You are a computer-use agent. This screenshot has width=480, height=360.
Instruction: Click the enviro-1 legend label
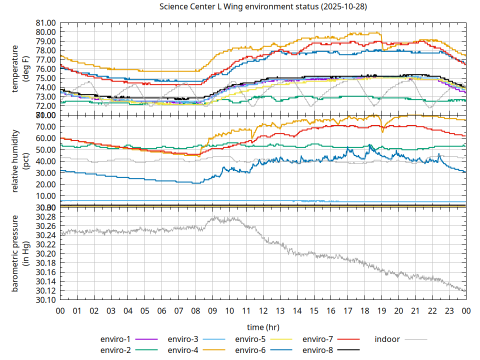pyautogui.click(x=115, y=339)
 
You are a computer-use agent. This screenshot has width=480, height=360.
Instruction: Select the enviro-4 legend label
pyautogui.click(x=182, y=350)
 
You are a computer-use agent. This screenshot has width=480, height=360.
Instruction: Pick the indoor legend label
pyautogui.click(x=387, y=339)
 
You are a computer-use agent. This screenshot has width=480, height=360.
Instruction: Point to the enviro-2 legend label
pyautogui.click(x=115, y=350)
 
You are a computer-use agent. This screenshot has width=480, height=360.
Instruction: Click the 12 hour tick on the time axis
pyautogui.click(x=263, y=311)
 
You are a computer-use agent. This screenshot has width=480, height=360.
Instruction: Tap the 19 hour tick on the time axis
pyautogui.click(x=381, y=311)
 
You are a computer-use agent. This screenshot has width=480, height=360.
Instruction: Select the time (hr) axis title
pyautogui.click(x=263, y=327)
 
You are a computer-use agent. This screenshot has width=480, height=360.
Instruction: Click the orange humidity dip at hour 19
pyautogui.click(x=382, y=131)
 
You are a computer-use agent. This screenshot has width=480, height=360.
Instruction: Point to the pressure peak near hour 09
pyautogui.click(x=214, y=217)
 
